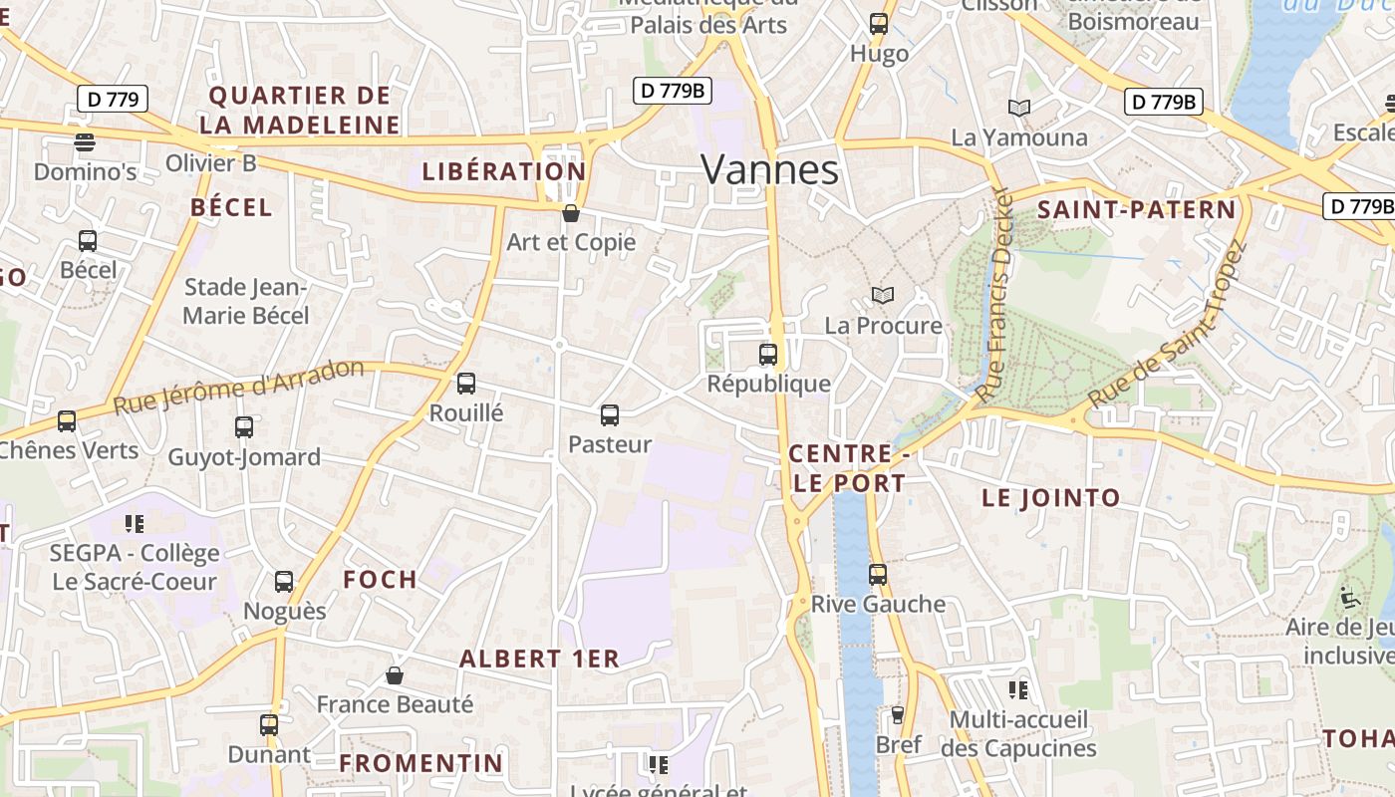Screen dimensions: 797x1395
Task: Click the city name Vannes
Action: (x=769, y=169)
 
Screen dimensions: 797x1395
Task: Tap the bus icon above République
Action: (x=767, y=354)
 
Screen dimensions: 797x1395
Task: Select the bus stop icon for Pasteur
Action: (x=610, y=415)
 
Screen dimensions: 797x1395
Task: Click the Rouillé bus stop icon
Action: (x=465, y=384)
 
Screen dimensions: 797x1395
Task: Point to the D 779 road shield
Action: (x=113, y=99)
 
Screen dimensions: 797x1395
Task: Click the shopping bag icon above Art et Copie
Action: (x=571, y=213)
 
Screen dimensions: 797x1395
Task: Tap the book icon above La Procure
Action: (x=882, y=295)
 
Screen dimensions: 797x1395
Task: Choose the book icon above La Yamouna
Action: (x=1018, y=108)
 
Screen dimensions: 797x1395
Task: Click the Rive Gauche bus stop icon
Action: (x=877, y=575)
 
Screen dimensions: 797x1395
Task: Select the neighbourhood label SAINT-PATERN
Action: (x=1136, y=210)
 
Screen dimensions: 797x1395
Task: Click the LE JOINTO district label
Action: (x=1051, y=498)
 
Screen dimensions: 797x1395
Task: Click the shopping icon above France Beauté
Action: (x=395, y=675)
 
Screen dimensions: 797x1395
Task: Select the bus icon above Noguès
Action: (x=284, y=582)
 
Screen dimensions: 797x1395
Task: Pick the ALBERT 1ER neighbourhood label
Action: (x=539, y=659)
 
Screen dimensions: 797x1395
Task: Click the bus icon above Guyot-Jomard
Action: (x=244, y=427)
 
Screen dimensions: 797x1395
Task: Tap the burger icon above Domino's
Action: (x=85, y=142)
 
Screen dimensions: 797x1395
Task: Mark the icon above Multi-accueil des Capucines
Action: (x=1017, y=689)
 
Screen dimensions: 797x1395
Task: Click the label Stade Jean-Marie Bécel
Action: (x=246, y=302)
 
